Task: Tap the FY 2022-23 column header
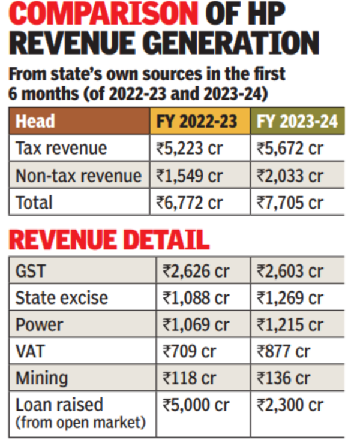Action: pos(199,122)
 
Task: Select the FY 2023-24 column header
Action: pos(297,122)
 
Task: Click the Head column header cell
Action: pos(35,122)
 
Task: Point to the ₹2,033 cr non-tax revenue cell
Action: pos(290,176)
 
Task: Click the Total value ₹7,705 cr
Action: pos(290,203)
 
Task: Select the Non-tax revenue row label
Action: pos(79,176)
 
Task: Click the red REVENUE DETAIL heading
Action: pos(109,239)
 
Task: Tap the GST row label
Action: pos(29,270)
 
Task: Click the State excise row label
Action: pos(61,297)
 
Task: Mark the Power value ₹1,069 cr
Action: pos(196,324)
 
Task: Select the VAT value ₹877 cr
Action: pos(284,351)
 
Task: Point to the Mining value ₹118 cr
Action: pos(190,378)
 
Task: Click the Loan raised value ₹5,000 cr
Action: pos(196,405)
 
